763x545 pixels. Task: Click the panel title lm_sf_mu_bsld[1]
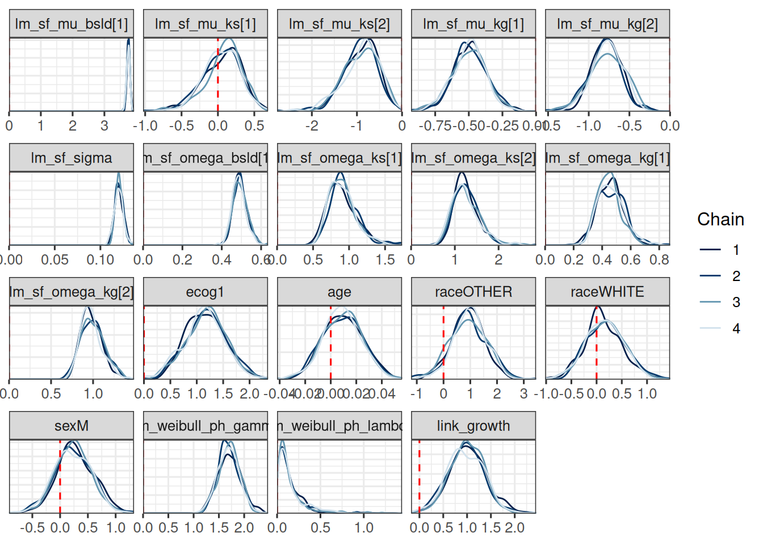point(72,24)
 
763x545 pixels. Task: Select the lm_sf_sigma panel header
point(72,158)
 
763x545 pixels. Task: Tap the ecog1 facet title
point(205,292)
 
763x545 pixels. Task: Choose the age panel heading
point(339,292)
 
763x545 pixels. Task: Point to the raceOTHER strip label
point(473,292)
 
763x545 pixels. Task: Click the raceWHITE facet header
point(607,292)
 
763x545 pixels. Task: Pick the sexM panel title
point(72,426)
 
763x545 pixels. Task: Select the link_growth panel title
point(473,426)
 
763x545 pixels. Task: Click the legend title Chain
point(720,219)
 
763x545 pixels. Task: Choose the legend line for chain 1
point(710,250)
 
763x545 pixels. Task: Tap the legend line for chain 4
point(710,328)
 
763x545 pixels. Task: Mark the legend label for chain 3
point(736,302)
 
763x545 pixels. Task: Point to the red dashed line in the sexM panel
point(60,476)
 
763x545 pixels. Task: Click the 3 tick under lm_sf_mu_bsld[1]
point(104,125)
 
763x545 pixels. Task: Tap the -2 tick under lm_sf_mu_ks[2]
point(312,125)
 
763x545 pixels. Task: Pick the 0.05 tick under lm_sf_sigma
point(55,259)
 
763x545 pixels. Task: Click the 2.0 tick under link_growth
point(514,527)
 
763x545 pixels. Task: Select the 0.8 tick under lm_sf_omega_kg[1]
point(659,259)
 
